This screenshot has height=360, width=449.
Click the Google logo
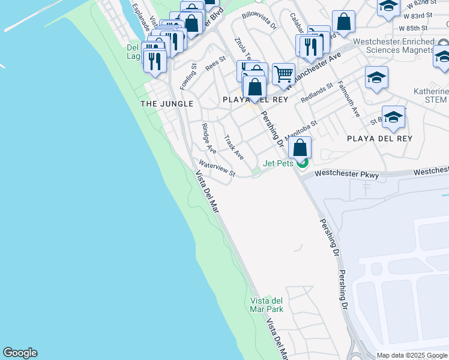point(20,353)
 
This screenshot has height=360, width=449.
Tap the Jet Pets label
point(277,163)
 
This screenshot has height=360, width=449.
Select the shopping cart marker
point(283,75)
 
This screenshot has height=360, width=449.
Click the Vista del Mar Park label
point(266,305)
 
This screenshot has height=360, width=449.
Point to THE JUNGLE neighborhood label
point(167,104)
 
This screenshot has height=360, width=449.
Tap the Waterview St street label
point(217,169)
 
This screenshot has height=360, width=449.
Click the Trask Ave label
point(234,147)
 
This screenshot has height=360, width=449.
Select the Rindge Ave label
point(209,139)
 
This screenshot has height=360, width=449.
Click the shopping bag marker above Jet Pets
point(300,147)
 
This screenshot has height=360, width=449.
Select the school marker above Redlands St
point(376,78)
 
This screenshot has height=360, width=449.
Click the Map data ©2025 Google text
point(412,355)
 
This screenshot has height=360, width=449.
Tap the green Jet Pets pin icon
point(303,162)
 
